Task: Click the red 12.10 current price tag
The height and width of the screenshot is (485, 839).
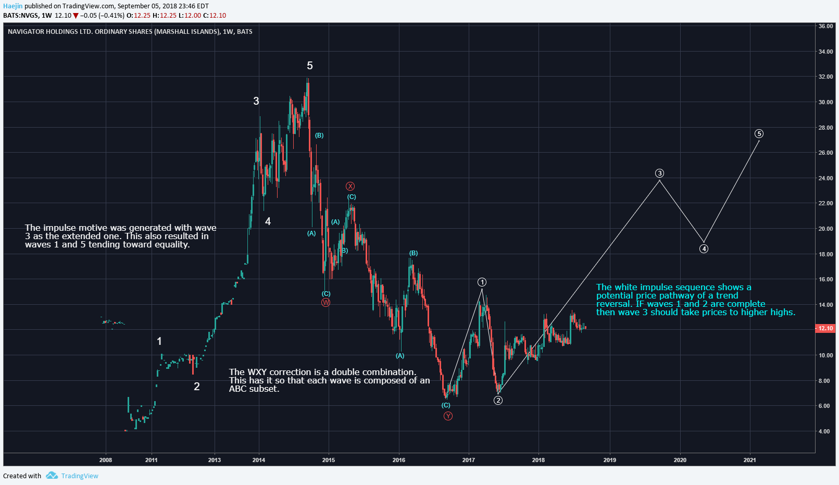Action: [825, 328]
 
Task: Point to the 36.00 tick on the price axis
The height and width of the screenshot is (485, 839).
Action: [825, 26]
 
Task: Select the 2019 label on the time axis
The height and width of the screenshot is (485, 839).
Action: [609, 460]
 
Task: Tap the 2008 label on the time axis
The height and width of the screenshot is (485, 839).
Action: [105, 460]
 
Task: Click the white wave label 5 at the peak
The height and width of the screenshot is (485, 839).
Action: [310, 66]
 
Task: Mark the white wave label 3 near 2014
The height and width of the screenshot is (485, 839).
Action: [256, 101]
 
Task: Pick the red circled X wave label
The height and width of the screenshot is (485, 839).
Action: [350, 186]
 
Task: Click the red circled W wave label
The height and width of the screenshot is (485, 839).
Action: [325, 303]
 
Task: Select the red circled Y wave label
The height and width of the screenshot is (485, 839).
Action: [448, 416]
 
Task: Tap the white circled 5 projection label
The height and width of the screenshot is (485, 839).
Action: [759, 134]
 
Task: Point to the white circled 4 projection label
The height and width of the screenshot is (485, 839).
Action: [704, 249]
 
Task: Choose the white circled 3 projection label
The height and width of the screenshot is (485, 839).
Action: [660, 173]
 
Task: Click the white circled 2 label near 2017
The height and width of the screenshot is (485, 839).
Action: [498, 401]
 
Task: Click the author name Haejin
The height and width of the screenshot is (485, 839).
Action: [13, 6]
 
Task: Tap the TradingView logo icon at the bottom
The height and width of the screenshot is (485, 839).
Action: [52, 476]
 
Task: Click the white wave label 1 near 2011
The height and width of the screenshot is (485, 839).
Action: [159, 341]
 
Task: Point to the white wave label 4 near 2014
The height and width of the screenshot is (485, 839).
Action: [268, 221]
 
